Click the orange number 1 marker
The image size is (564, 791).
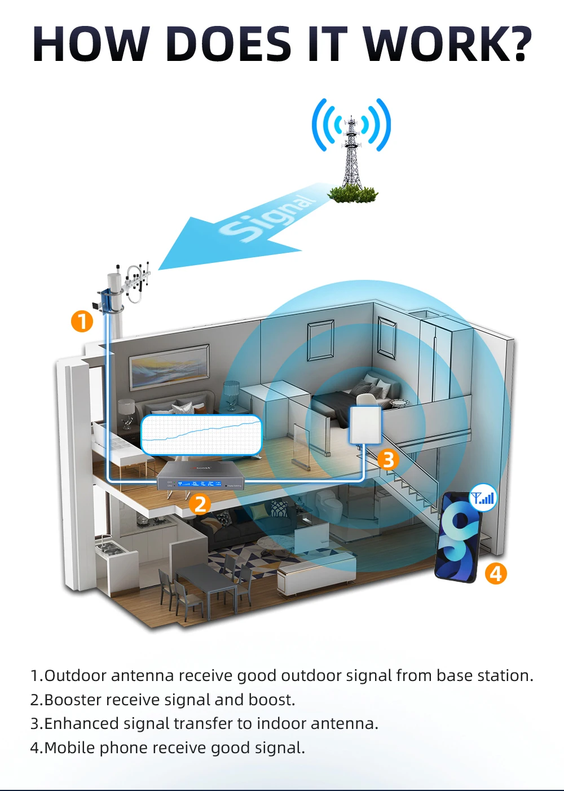click(x=82, y=321)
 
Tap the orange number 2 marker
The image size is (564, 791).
click(x=200, y=504)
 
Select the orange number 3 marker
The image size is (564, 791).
click(x=388, y=459)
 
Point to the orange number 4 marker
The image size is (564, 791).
click(x=496, y=573)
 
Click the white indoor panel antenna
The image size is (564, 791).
click(x=365, y=425)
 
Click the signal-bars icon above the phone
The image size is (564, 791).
click(x=483, y=498)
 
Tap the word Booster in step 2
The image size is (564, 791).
click(x=72, y=700)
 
